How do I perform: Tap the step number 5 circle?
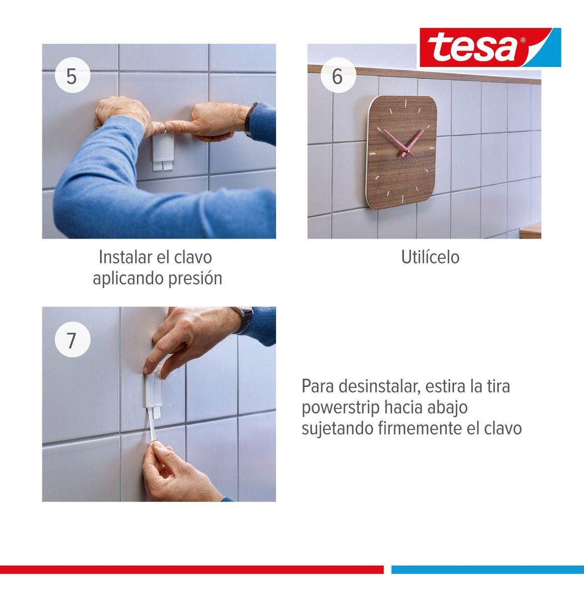click(72, 76)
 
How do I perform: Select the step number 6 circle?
click(337, 76)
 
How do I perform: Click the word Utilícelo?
click(430, 257)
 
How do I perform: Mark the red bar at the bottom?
click(191, 569)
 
